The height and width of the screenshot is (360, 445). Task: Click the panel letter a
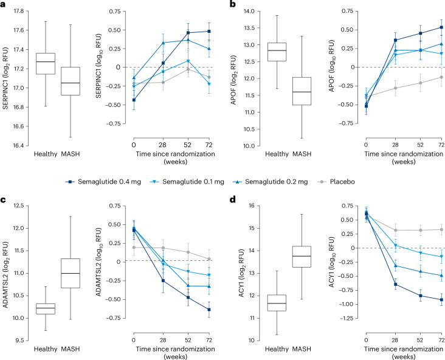click(4, 5)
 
